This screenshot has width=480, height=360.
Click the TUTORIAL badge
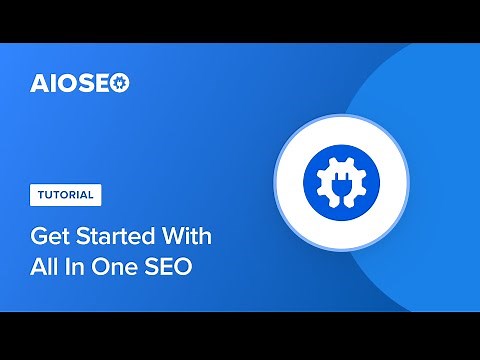pyautogui.click(x=63, y=194)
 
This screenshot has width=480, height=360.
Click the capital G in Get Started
pyautogui.click(x=37, y=239)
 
